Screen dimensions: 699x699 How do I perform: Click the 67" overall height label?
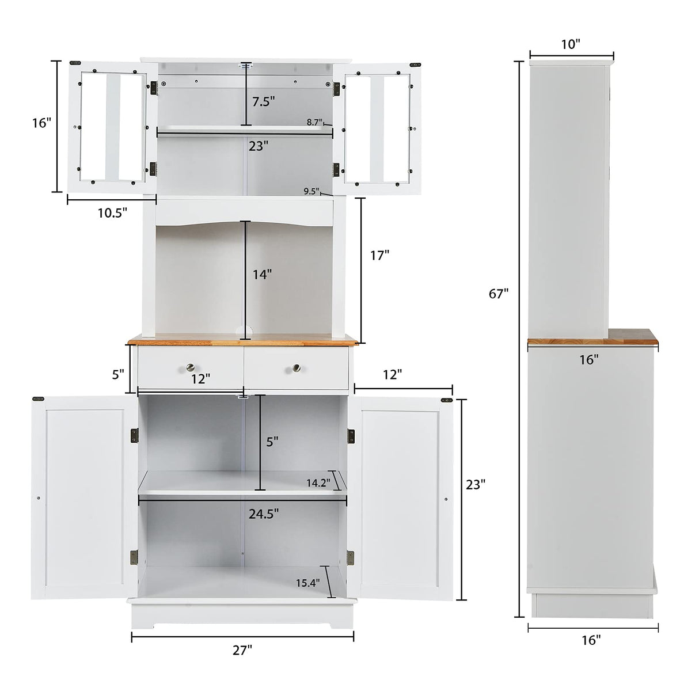click(499, 294)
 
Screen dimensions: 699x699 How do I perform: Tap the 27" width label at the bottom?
click(242, 650)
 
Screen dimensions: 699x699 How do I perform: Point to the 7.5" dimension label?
click(264, 101)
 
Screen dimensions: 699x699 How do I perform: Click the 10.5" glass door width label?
click(112, 212)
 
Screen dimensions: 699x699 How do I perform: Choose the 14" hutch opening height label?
click(262, 275)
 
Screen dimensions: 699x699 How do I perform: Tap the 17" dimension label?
click(380, 255)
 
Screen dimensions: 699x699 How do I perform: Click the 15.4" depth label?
click(307, 583)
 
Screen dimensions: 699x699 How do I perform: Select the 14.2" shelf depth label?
click(318, 483)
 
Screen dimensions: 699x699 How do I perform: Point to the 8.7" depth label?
click(315, 122)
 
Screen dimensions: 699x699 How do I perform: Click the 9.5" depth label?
click(311, 191)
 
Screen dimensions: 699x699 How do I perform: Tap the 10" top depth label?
click(571, 44)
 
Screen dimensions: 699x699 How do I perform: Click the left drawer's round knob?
click(189, 367)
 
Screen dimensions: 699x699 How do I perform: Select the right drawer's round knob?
click(296, 367)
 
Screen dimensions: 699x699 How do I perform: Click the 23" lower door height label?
click(476, 485)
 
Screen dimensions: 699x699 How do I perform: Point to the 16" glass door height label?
click(41, 123)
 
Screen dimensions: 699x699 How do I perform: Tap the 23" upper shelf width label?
click(259, 146)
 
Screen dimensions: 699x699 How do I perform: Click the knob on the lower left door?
click(38, 498)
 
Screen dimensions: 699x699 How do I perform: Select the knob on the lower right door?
click(446, 499)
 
